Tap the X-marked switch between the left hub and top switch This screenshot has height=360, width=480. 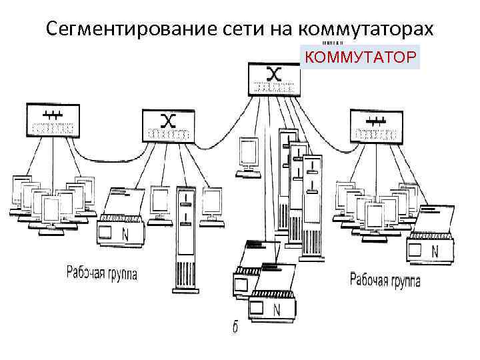169,125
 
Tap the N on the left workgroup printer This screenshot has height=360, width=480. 125,233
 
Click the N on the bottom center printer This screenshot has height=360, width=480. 277,309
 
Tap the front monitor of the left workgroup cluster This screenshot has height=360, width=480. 51,212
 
